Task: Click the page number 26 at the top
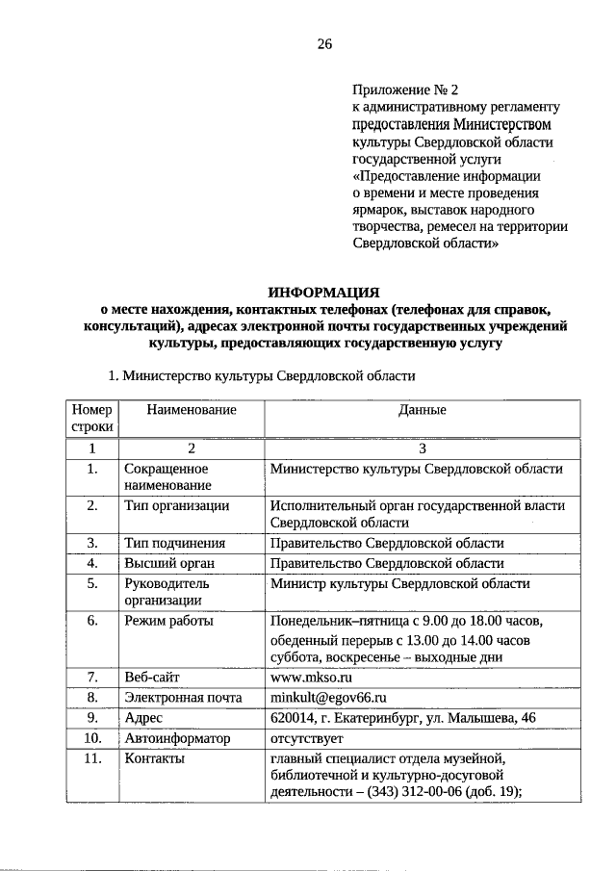(x=324, y=44)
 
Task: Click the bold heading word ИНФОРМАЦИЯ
(x=324, y=291)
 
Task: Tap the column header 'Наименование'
(x=192, y=410)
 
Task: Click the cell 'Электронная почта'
(x=183, y=697)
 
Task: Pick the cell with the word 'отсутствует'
(x=307, y=738)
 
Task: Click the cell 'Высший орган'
(x=168, y=563)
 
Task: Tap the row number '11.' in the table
(x=92, y=759)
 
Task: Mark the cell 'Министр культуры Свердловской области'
(x=400, y=584)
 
